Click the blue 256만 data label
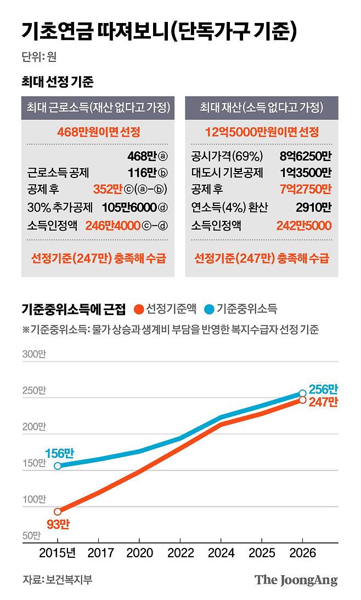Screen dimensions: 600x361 [323, 389]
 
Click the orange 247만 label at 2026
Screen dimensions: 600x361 [323, 402]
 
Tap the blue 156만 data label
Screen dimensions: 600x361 [59, 453]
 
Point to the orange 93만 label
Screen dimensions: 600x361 [58, 524]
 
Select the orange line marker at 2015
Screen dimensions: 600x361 [58, 511]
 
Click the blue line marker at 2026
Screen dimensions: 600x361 [303, 393]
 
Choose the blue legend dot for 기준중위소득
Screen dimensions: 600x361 [210, 309]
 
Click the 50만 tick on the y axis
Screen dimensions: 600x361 [32, 535]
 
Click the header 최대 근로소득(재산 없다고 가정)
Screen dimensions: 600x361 [98, 108]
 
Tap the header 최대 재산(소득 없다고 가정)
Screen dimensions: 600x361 [261, 108]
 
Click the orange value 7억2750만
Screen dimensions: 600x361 [305, 190]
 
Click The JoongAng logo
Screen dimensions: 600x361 [296, 580]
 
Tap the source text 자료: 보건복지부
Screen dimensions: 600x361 [57, 580]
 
